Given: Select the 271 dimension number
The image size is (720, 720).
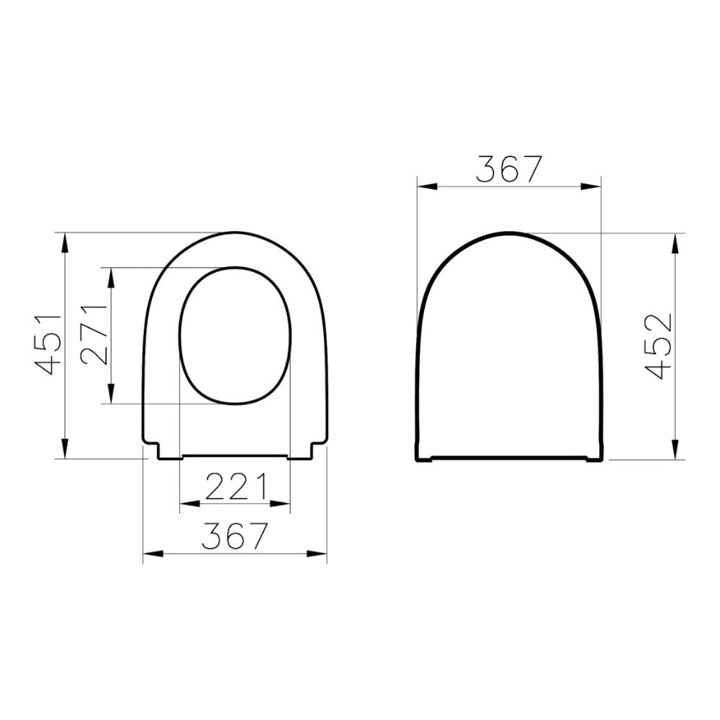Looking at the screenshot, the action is (94, 335).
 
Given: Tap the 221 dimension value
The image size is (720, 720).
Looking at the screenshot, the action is (235, 487).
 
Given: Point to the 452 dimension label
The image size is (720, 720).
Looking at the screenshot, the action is (658, 346).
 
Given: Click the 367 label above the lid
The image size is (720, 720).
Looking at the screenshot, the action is (509, 169).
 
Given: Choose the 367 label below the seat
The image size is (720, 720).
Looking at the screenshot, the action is (234, 536).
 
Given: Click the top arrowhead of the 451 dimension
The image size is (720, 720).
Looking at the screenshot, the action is (65, 243).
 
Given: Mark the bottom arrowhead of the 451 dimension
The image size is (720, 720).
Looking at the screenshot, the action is (65, 449).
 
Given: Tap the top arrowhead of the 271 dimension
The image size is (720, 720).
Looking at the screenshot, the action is (111, 277).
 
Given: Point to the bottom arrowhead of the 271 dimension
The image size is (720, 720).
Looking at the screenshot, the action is (111, 394).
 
